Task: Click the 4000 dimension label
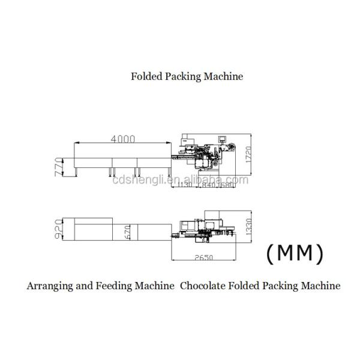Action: click(x=122, y=139)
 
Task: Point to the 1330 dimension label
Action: click(x=250, y=227)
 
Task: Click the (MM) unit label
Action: click(x=295, y=254)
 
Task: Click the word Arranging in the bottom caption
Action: click(x=48, y=286)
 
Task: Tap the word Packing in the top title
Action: click(x=179, y=77)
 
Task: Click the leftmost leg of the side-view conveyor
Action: click(x=76, y=173)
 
